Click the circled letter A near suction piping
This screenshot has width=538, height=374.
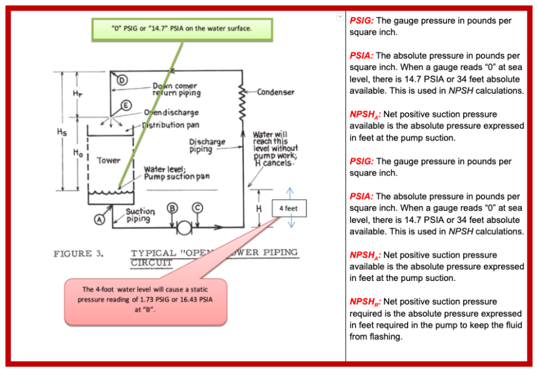tap(99, 219)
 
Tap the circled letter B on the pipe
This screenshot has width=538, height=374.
tap(172, 208)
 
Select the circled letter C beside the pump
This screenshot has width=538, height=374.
tap(197, 208)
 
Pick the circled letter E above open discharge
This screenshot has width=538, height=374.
tap(125, 104)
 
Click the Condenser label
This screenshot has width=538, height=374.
tap(275, 92)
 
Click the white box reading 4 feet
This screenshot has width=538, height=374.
tap(288, 208)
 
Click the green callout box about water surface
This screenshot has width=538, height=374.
tap(182, 29)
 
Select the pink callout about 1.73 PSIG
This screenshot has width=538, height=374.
tap(145, 299)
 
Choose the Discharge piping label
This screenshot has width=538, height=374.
tap(207, 145)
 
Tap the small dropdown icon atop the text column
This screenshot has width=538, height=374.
tap(340, 17)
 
